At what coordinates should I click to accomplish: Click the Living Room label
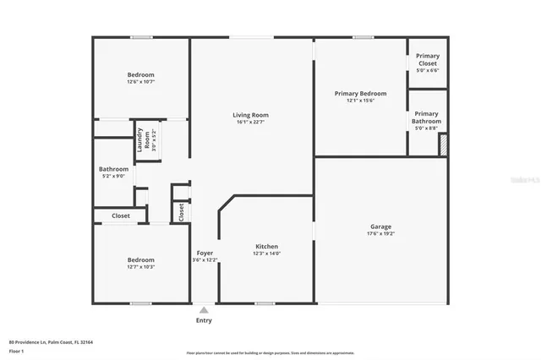250,115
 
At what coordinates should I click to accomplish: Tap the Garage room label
380,226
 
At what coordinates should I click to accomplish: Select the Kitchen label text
266,247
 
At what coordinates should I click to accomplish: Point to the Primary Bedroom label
360,93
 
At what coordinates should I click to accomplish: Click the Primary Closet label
427,60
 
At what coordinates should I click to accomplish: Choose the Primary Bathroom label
426,117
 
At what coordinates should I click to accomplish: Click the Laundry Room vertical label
145,139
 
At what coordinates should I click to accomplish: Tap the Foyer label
205,254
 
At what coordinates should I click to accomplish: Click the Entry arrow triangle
204,310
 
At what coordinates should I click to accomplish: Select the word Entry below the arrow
204,320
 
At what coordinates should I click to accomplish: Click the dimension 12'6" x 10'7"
140,83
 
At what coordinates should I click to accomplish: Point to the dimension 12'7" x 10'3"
140,267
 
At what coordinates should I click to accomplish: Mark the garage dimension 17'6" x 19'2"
380,234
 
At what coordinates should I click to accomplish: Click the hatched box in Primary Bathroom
442,145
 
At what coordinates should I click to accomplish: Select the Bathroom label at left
113,169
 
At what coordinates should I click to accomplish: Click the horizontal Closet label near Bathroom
121,215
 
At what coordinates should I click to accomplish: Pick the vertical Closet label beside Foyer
181,211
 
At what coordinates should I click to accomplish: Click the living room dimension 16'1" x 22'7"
250,123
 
